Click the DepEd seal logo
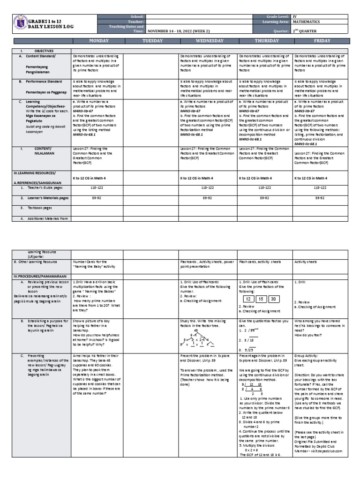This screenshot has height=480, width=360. pyautogui.click(x=19, y=24)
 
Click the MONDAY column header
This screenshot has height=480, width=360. pyautogui.click(x=96, y=41)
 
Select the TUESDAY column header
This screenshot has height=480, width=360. pyautogui.click(x=151, y=41)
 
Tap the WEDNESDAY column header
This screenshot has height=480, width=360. pyautogui.click(x=209, y=41)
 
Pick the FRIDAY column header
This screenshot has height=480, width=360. pyautogui.click(x=322, y=41)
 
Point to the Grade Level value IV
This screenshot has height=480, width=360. pyautogui.click(x=294, y=16)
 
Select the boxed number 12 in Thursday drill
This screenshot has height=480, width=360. pyautogui.click(x=248, y=299)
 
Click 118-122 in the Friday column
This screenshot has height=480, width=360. pyautogui.click(x=322, y=186)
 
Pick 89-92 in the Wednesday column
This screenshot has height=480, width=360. pyautogui.click(x=209, y=198)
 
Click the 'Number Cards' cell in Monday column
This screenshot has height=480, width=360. pyautogui.click(x=96, y=264)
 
